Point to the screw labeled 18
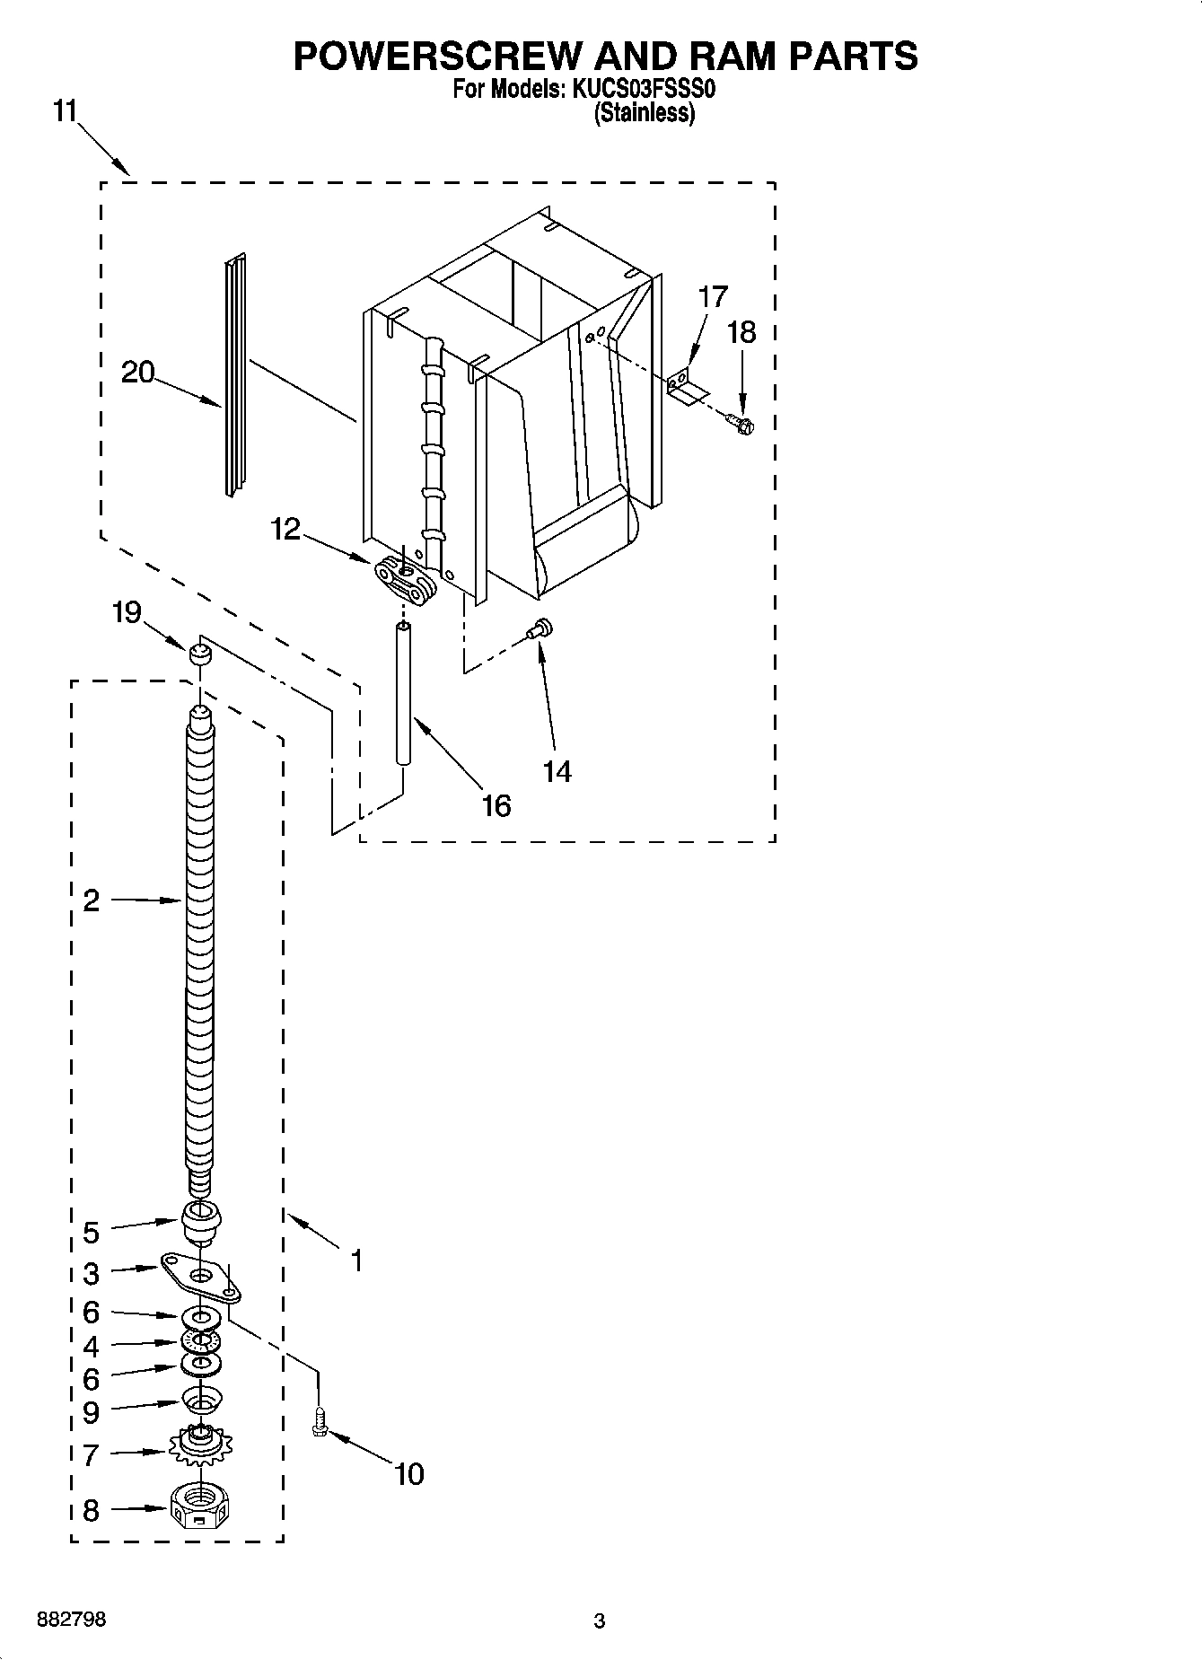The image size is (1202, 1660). point(741,422)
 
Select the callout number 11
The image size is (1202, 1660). point(65,112)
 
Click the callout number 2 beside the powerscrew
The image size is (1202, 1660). point(91,900)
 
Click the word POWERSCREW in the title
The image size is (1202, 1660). point(438,56)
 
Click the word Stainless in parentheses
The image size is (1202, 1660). point(645,114)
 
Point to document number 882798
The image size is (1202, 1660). point(72,1620)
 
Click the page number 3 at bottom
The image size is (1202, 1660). point(600,1621)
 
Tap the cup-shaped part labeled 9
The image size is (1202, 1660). point(201,1399)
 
